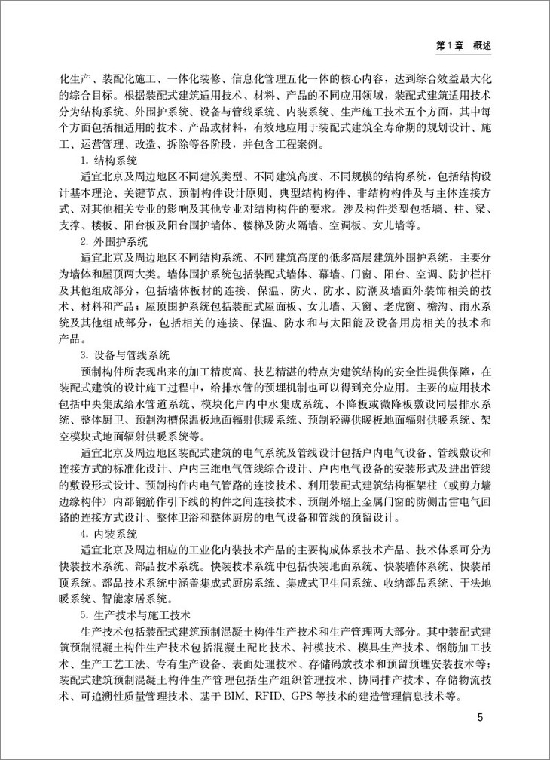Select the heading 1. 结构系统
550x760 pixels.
[107, 160]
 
